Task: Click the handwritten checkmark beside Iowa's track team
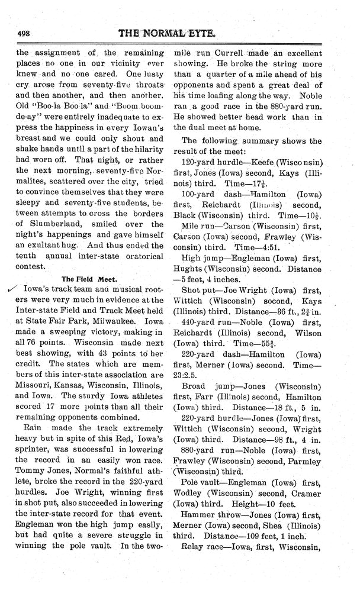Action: coord(8,288)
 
